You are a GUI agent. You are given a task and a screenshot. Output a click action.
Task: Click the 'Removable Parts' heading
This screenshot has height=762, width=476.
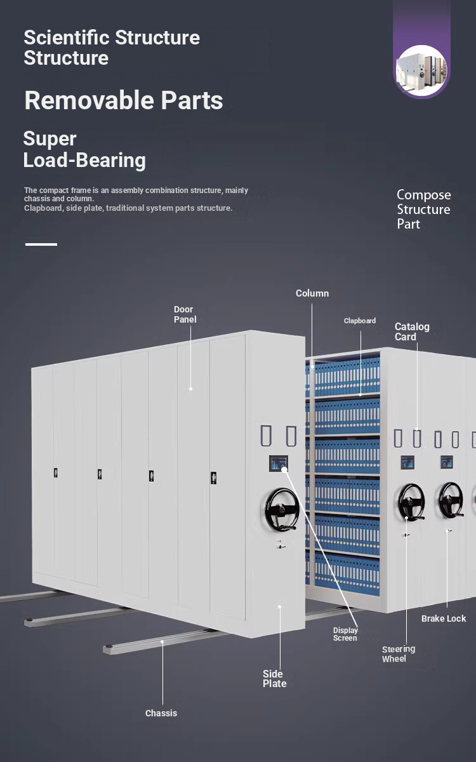click(124, 100)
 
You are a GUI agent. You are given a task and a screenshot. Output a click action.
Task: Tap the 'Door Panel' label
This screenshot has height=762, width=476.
click(185, 314)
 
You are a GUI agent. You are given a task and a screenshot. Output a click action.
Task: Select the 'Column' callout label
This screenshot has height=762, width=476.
click(312, 293)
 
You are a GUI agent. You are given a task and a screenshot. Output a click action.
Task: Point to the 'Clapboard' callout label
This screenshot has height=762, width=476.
click(360, 321)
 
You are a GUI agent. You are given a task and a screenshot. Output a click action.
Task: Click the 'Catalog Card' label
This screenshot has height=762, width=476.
click(412, 331)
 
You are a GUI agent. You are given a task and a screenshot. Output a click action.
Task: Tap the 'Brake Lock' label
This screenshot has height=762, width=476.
click(444, 618)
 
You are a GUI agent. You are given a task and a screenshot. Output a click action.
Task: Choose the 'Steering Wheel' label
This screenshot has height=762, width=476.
click(399, 654)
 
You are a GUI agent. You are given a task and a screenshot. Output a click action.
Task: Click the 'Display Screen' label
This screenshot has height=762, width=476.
click(345, 634)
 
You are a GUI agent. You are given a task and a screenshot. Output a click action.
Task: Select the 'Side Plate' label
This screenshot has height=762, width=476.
click(275, 679)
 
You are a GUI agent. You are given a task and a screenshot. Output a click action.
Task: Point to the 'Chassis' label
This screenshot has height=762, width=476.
click(161, 713)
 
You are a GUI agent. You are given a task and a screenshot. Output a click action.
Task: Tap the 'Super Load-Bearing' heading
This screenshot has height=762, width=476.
click(84, 149)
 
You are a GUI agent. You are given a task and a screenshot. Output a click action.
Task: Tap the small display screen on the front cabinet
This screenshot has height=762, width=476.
click(277, 464)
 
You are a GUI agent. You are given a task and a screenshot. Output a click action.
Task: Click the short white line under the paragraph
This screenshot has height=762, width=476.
click(41, 244)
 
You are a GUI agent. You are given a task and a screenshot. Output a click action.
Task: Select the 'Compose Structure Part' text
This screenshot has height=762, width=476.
click(423, 209)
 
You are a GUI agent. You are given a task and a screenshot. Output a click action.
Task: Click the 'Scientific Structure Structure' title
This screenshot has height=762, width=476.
click(112, 48)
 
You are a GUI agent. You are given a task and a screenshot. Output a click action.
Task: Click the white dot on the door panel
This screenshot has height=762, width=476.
click(190, 389)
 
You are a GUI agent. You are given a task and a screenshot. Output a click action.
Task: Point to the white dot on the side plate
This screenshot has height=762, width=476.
click(279, 606)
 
